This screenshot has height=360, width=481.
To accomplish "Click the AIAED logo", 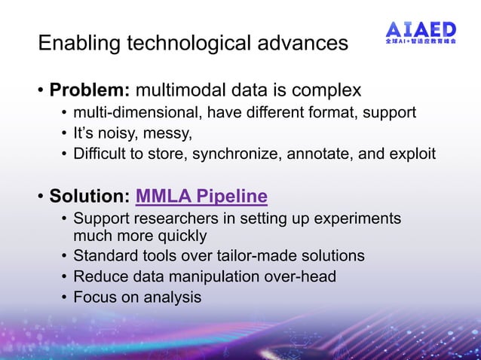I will (420, 29).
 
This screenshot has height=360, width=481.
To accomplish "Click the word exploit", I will (412, 155).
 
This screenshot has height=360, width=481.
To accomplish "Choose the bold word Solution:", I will (90, 197).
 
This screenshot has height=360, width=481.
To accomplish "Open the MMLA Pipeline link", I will (201, 197).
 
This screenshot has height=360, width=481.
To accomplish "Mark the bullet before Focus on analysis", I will (64, 297).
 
